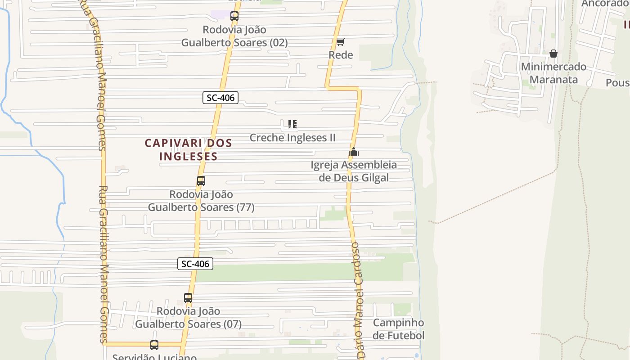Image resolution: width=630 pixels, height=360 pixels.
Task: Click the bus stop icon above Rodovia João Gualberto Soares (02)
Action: (x=234, y=16)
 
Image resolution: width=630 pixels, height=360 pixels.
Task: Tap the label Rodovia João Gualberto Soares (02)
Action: (x=234, y=36)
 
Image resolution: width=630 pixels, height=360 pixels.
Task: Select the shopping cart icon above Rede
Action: (x=341, y=42)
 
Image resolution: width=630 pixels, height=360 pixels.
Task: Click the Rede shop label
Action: (x=341, y=55)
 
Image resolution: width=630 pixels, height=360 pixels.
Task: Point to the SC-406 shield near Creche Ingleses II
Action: (x=220, y=97)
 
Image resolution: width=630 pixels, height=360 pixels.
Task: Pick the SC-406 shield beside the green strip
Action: (x=195, y=264)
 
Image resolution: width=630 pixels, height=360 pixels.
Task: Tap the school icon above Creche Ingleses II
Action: (x=292, y=124)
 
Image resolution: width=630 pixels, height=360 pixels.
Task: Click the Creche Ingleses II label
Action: (x=292, y=138)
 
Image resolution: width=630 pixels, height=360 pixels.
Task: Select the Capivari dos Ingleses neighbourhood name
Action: (x=188, y=149)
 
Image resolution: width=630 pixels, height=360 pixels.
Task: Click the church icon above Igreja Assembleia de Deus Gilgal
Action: (x=354, y=152)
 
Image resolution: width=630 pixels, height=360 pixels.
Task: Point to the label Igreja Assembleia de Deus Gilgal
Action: (x=354, y=171)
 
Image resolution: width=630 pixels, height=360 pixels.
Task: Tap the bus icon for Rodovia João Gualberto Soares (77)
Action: (x=201, y=181)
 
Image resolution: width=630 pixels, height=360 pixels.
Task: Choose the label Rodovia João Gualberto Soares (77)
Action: (x=201, y=201)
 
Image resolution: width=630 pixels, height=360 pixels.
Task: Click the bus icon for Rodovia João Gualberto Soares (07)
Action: (x=188, y=298)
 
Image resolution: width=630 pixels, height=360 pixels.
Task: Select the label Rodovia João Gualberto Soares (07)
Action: (x=188, y=318)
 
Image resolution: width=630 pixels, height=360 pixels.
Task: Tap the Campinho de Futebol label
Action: (x=398, y=329)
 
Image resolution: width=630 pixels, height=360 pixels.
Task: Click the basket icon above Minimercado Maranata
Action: (x=553, y=54)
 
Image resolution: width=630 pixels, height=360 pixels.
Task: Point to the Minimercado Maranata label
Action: (x=553, y=73)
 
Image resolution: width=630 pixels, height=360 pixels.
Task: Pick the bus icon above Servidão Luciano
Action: (x=154, y=345)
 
